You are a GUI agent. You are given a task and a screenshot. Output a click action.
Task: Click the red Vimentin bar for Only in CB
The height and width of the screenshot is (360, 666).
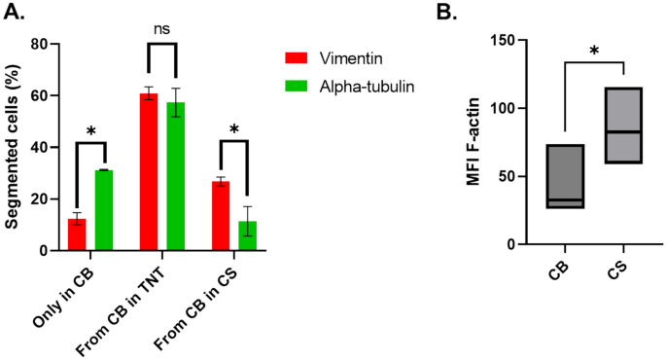(x=76, y=235)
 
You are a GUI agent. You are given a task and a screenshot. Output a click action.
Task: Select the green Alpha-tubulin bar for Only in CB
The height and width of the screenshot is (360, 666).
(x=103, y=210)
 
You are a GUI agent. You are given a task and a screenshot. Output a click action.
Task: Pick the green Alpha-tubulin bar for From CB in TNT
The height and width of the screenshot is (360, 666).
(x=175, y=176)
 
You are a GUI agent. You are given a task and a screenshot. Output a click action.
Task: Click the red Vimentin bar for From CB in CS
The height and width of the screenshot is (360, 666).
(x=220, y=216)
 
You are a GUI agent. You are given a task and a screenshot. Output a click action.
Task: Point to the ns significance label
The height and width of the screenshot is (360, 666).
(x=161, y=29)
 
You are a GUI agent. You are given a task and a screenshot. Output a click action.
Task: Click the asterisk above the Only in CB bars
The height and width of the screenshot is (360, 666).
(x=89, y=131)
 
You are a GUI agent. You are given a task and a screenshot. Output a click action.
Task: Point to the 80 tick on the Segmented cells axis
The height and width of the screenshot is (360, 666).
(x=41, y=45)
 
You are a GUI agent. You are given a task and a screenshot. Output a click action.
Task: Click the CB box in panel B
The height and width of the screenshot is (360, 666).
(x=566, y=176)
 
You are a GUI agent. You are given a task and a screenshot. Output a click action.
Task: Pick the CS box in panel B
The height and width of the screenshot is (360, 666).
(x=622, y=125)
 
